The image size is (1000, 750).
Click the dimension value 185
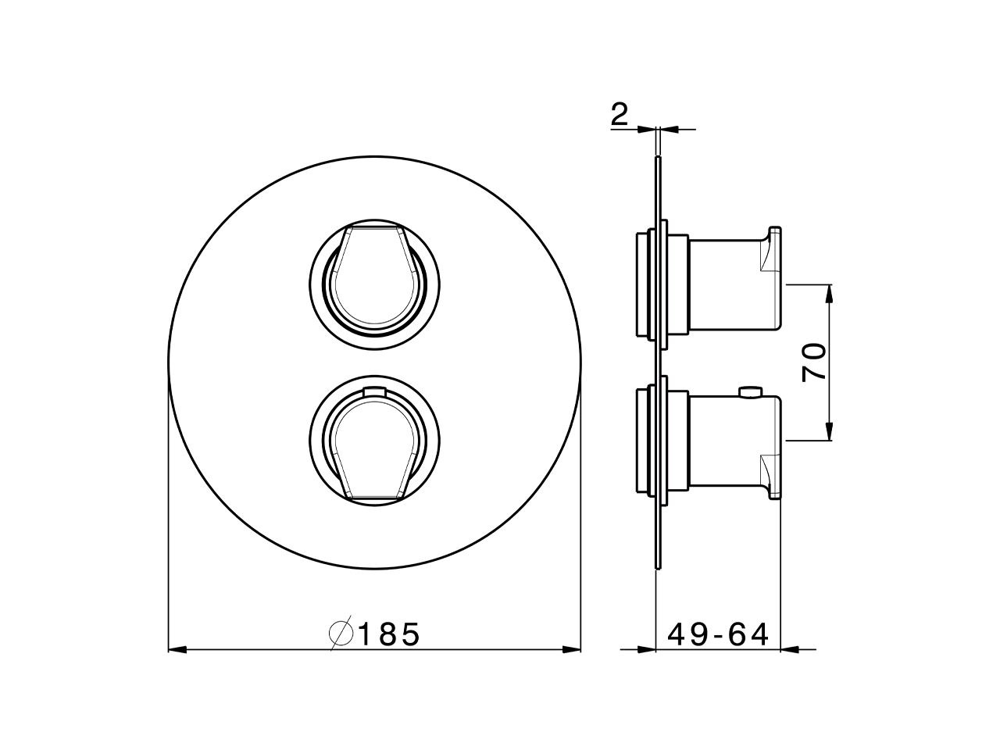coord(388,634)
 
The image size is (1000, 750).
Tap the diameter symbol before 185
coord(341,633)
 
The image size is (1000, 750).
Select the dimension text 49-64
coord(718,634)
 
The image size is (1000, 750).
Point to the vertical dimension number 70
coord(814,362)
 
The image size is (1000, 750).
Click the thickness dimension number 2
coord(619,113)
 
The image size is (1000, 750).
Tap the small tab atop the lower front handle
coord(374,391)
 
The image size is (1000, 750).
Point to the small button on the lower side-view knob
coord(751,392)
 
